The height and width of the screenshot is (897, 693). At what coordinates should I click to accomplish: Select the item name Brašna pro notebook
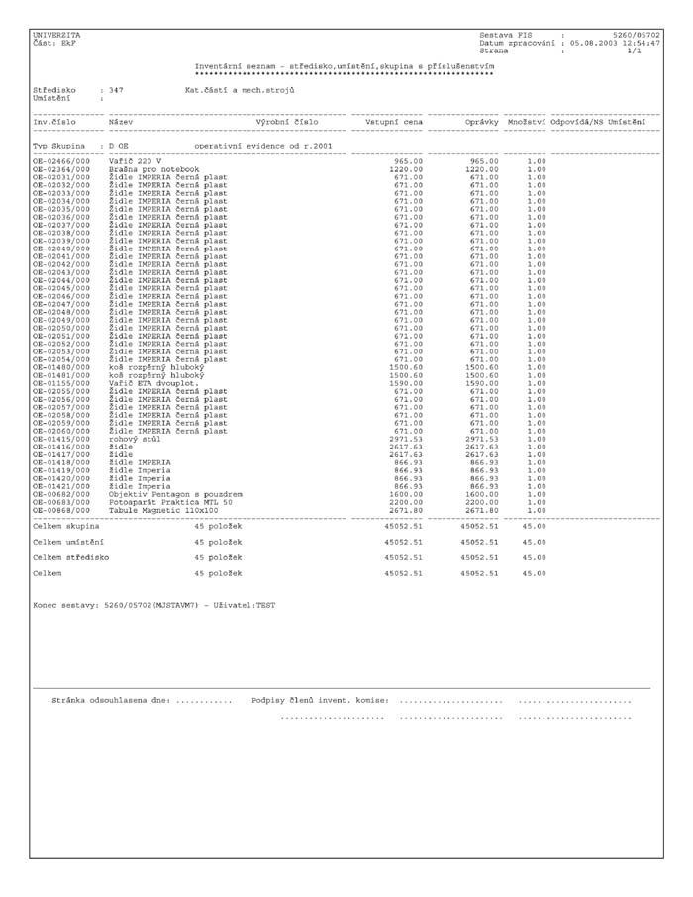(148, 168)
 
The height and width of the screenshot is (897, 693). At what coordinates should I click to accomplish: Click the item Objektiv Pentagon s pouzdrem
(176, 493)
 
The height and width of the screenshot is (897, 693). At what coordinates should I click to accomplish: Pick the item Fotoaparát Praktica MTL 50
(170, 501)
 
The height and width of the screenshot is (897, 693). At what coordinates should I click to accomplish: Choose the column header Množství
(526, 122)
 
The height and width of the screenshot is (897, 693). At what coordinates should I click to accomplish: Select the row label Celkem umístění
(68, 542)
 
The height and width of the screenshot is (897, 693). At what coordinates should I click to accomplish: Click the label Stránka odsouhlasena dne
(111, 700)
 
